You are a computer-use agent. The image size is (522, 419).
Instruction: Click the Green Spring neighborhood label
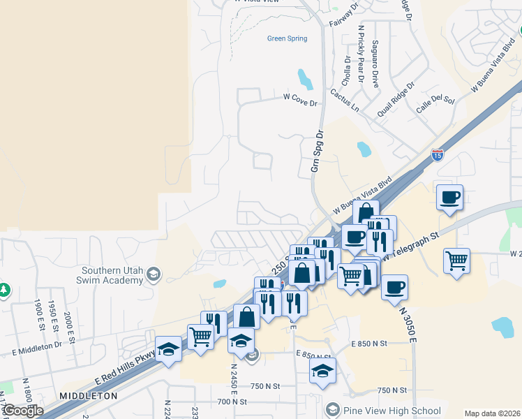287,38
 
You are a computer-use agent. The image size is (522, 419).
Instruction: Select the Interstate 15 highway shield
438,155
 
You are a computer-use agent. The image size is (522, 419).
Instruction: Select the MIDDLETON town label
88,395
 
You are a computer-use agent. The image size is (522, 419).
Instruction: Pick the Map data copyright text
492,413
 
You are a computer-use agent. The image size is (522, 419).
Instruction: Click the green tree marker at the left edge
3,288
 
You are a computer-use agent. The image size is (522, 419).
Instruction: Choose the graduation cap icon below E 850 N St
322,371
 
